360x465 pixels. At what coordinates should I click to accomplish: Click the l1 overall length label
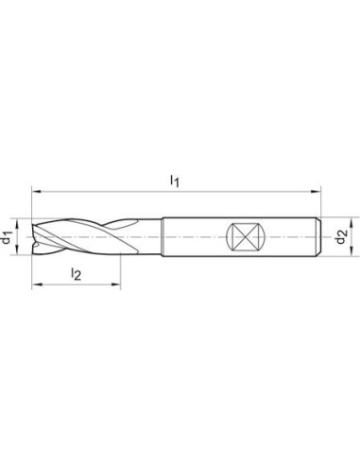pyautogui.click(x=175, y=181)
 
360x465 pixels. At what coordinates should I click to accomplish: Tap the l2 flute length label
pyautogui.click(x=77, y=274)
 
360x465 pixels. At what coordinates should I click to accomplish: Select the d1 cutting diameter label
pyautogui.click(x=7, y=237)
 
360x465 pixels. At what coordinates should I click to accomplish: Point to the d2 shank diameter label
pyautogui.click(x=341, y=237)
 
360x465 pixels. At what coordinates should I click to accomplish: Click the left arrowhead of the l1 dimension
pyautogui.click(x=36, y=191)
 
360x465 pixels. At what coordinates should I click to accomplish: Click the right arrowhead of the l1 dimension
pyautogui.click(x=316, y=191)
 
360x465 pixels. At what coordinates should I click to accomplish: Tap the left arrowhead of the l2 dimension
pyautogui.click(x=36, y=284)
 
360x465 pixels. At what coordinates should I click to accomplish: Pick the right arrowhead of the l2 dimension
pyautogui.click(x=116, y=284)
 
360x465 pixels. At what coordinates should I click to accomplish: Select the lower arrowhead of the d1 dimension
pyautogui.click(x=17, y=250)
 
